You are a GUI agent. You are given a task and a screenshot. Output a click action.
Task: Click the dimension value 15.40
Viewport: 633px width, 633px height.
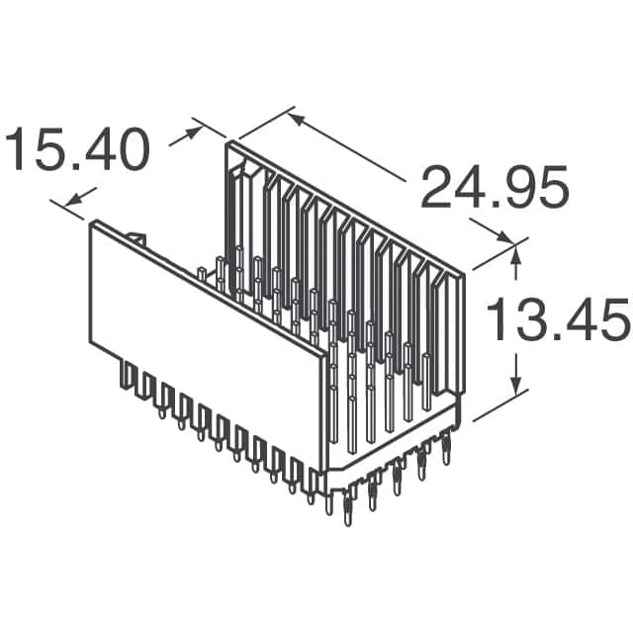(79, 150)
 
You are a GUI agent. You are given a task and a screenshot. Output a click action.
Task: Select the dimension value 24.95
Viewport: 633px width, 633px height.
(495, 189)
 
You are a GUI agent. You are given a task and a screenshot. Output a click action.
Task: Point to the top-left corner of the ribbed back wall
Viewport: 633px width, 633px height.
(230, 144)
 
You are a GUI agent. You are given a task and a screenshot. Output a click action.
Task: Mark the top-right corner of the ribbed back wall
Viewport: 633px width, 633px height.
(463, 276)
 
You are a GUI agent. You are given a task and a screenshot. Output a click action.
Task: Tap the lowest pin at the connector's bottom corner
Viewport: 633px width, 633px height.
(346, 512)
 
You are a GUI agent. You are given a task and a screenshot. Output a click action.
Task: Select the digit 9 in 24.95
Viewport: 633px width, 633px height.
(501, 189)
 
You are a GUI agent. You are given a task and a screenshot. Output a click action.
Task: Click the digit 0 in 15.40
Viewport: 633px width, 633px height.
(132, 150)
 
